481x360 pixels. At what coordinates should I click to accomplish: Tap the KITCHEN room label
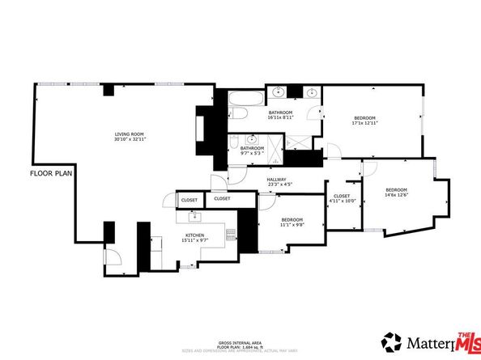click(194, 235)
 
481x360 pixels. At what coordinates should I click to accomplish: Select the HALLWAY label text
click(277, 180)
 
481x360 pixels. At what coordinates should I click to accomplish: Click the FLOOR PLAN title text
click(52, 174)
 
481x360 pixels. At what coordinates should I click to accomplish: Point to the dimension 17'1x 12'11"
click(365, 123)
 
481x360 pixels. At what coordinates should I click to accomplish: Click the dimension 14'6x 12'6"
click(396, 194)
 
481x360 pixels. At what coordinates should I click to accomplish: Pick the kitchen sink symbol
click(194, 217)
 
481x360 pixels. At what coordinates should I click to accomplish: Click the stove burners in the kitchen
click(231, 235)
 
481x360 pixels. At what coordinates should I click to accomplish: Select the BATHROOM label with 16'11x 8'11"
click(280, 112)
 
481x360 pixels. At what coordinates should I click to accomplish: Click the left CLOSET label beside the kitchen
click(189, 199)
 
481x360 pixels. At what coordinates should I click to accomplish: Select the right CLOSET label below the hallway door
click(223, 198)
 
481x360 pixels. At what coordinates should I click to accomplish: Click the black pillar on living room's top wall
click(107, 88)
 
